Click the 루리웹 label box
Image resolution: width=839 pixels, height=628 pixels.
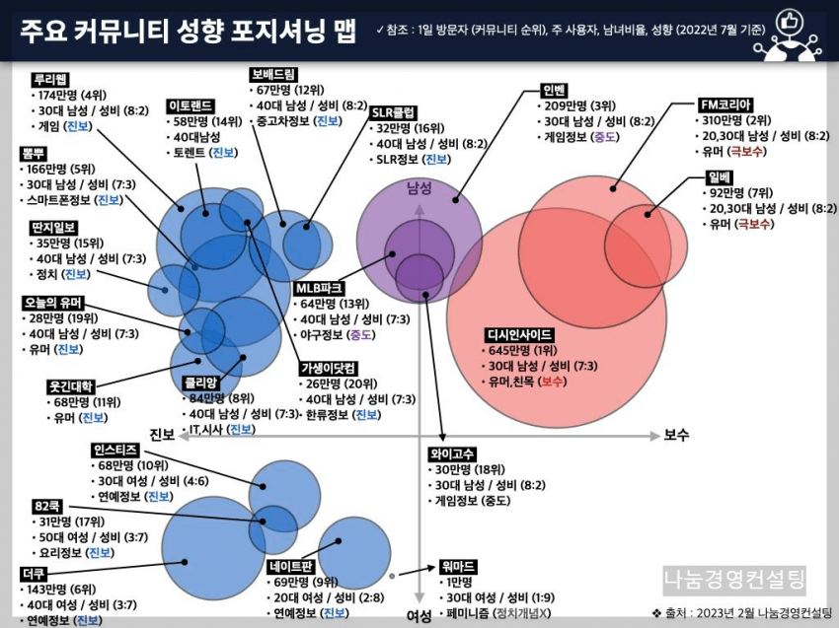pos(48,79)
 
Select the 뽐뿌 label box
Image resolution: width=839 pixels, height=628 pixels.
pos(34,153)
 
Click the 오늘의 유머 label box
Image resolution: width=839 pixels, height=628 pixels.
pos(55,302)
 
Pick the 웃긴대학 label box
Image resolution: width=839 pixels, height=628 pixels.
pos(70,385)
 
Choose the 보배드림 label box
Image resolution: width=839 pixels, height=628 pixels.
pos(274,73)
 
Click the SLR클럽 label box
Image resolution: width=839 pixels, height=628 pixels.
pos(393,111)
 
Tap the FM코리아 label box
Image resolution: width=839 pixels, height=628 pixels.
pos(725,104)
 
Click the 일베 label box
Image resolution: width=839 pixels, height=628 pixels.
pos(719,176)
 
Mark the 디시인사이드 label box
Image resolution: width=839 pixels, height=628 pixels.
pos(519,334)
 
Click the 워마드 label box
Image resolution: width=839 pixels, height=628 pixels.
pos(456,566)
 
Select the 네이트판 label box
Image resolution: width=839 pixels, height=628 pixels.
pos(291,566)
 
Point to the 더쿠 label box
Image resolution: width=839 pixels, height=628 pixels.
pos(33,572)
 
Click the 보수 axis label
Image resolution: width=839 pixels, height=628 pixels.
pos(677,435)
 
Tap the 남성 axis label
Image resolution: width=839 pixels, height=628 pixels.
pos(419,187)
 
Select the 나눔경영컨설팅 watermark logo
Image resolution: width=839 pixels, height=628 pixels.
pos(734,579)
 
